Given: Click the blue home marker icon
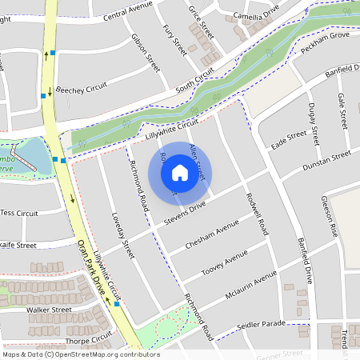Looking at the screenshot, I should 180,172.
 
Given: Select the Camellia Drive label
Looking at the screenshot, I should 253,17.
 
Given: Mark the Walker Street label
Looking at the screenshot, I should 50,309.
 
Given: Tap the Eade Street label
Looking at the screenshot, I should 289,139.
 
